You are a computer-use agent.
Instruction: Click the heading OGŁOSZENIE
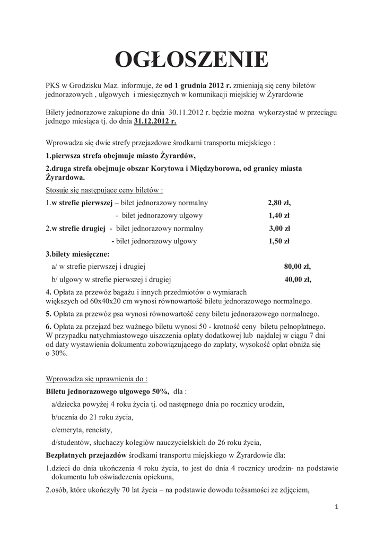(x=192, y=60)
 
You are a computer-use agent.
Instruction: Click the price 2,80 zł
(x=279, y=203)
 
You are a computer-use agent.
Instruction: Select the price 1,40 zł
(x=279, y=216)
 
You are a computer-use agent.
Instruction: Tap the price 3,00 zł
(x=280, y=229)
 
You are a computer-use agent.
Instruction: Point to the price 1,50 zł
(x=279, y=241)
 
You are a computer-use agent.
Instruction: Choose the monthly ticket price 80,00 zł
(x=298, y=267)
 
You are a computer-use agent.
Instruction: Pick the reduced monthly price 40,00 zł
(x=298, y=279)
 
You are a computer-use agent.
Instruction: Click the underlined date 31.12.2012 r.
(x=155, y=121)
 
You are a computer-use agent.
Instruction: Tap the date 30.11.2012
(x=187, y=113)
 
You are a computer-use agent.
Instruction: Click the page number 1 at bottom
(x=336, y=507)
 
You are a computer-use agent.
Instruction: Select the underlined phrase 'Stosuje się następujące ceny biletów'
(x=104, y=190)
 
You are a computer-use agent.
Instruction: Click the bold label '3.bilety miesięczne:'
(x=77, y=254)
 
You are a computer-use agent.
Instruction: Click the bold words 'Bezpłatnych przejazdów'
(x=85, y=455)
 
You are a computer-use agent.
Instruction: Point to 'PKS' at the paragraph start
(x=53, y=85)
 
